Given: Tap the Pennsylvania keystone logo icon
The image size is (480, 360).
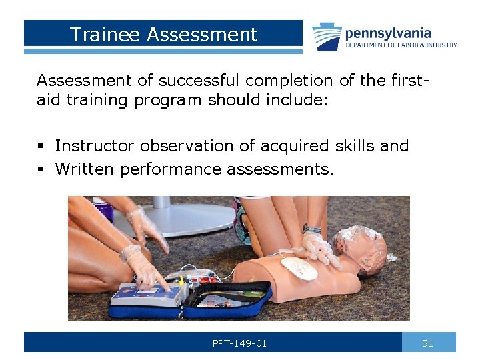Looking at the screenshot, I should pyautogui.click(x=327, y=37).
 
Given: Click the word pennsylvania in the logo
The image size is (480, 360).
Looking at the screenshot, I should pyautogui.click(x=388, y=33).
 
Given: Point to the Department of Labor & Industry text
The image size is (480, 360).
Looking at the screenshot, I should pyautogui.click(x=401, y=45).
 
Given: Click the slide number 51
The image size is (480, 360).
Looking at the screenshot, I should pyautogui.click(x=428, y=343).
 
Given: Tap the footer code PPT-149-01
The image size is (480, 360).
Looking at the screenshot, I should pyautogui.click(x=239, y=343).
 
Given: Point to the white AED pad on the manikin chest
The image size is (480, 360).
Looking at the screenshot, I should pyautogui.click(x=299, y=268).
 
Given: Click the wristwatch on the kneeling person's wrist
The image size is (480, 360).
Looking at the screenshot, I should pyautogui.click(x=311, y=229).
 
